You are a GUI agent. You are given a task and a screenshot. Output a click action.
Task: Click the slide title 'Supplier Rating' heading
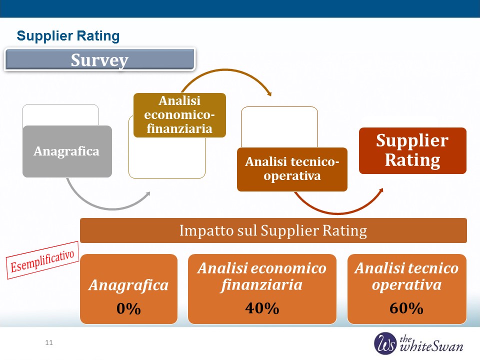(68, 36)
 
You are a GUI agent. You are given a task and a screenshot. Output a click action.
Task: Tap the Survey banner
(100, 59)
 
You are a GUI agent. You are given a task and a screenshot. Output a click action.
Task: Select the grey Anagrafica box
(67, 151)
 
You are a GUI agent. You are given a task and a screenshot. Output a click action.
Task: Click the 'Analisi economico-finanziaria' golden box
(179, 115)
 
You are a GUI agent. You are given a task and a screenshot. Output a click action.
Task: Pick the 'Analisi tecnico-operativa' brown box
(292, 169)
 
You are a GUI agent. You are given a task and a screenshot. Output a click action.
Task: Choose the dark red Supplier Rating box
(412, 150)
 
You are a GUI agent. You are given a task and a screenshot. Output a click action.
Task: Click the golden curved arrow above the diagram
(226, 70)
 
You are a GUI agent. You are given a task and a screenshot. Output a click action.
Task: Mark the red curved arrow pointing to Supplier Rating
(338, 212)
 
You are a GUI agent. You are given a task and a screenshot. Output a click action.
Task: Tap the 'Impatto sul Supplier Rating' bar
(273, 230)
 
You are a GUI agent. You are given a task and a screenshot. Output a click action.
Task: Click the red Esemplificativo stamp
(42, 260)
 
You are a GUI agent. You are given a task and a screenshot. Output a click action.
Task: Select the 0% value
(128, 308)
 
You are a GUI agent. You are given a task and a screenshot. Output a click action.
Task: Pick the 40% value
(262, 308)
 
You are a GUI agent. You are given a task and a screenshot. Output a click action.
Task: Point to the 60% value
(406, 308)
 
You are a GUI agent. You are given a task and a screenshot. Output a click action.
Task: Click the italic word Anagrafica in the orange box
(128, 285)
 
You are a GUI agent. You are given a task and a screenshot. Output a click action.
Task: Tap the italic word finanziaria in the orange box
(261, 285)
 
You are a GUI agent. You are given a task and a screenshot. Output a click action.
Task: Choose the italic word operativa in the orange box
(406, 285)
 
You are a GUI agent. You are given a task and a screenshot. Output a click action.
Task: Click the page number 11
(49, 342)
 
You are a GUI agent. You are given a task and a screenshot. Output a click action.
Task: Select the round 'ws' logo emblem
(385, 343)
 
